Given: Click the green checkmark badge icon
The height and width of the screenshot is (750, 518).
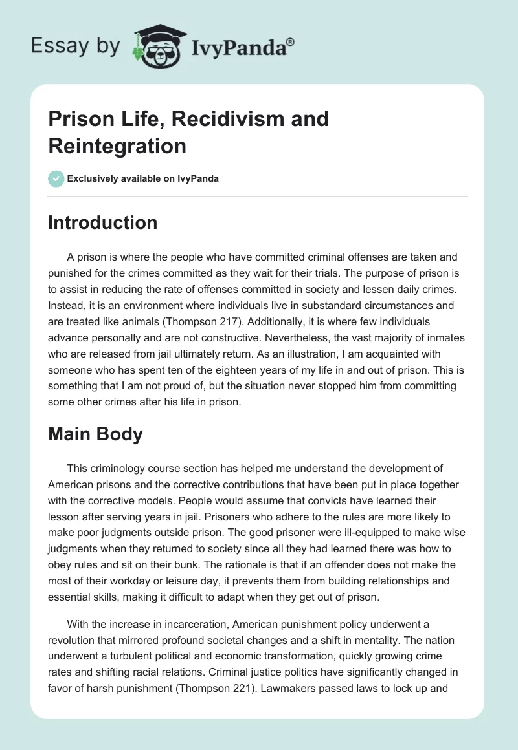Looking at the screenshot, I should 56,178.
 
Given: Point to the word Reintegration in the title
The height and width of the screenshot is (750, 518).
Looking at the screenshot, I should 117,145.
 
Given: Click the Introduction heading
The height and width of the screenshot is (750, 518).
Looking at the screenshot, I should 102,222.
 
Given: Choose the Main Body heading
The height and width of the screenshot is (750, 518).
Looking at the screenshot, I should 95,434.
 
